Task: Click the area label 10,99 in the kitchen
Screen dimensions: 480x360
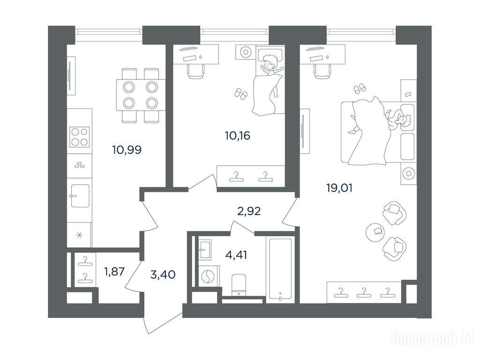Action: click(x=127, y=150)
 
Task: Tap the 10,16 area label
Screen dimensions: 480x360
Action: click(x=237, y=135)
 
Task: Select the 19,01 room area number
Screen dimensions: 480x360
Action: click(x=339, y=188)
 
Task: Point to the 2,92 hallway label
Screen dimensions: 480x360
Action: click(x=249, y=211)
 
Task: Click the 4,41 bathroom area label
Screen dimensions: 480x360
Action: click(x=236, y=255)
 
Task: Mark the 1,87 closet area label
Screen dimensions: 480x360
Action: click(x=114, y=271)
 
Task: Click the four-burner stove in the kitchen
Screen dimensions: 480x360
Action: click(x=79, y=137)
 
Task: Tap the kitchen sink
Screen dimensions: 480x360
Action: click(x=80, y=196)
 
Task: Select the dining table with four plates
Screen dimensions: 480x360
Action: click(x=141, y=95)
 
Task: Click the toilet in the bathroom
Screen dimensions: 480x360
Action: click(x=239, y=285)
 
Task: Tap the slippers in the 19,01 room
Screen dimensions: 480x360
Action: click(x=360, y=89)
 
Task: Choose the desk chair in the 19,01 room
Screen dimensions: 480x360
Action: click(x=322, y=72)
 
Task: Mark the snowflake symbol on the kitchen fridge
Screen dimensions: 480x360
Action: click(x=79, y=235)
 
